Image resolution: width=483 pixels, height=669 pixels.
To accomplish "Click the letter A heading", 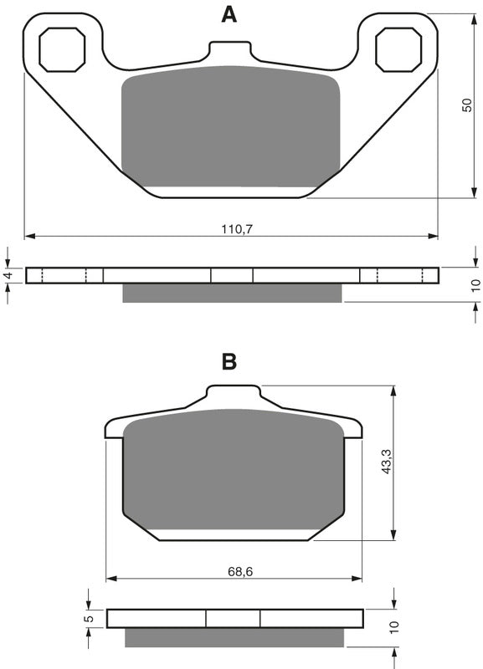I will tap(229, 14).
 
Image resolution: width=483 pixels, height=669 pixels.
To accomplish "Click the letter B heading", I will tap(229, 361).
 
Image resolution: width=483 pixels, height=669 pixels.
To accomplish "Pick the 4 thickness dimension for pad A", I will tap(8, 275).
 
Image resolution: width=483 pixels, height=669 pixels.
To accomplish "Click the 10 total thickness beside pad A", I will tap(475, 284).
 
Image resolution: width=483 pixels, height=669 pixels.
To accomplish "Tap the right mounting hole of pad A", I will tap(398, 48).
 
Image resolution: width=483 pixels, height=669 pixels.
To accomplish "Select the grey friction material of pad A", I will tap(231, 125).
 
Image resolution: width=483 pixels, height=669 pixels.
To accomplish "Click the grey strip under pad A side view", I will tap(232, 293).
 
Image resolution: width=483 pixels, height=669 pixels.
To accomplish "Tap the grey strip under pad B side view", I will tap(234, 636).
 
